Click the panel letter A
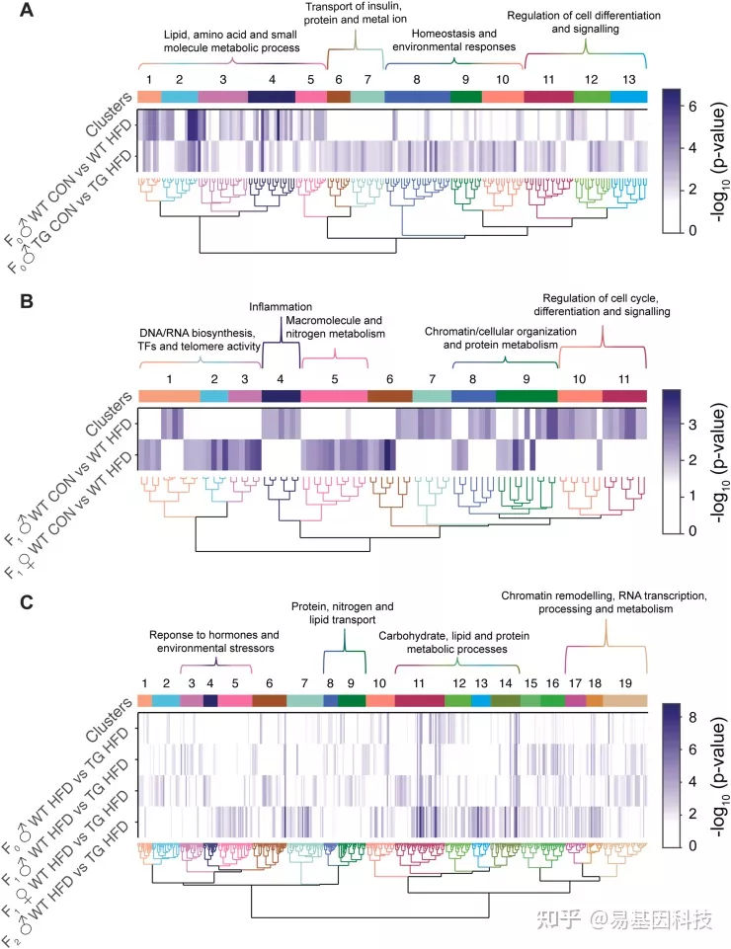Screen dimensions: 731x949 [x=26, y=10]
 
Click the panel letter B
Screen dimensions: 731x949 [x=26, y=301]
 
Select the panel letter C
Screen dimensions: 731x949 [x=26, y=602]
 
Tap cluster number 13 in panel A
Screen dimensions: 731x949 [x=628, y=79]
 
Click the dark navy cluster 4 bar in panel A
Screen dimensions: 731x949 [x=272, y=97]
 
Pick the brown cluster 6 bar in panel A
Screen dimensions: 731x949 [x=339, y=97]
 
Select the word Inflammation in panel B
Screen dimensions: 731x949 [x=281, y=307]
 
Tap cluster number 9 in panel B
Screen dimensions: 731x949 [x=527, y=379]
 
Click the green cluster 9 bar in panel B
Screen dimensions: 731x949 [x=527, y=396]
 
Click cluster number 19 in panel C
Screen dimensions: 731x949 [x=625, y=683]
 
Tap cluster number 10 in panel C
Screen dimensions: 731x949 [x=379, y=683]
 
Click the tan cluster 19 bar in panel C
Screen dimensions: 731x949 [x=625, y=701]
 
